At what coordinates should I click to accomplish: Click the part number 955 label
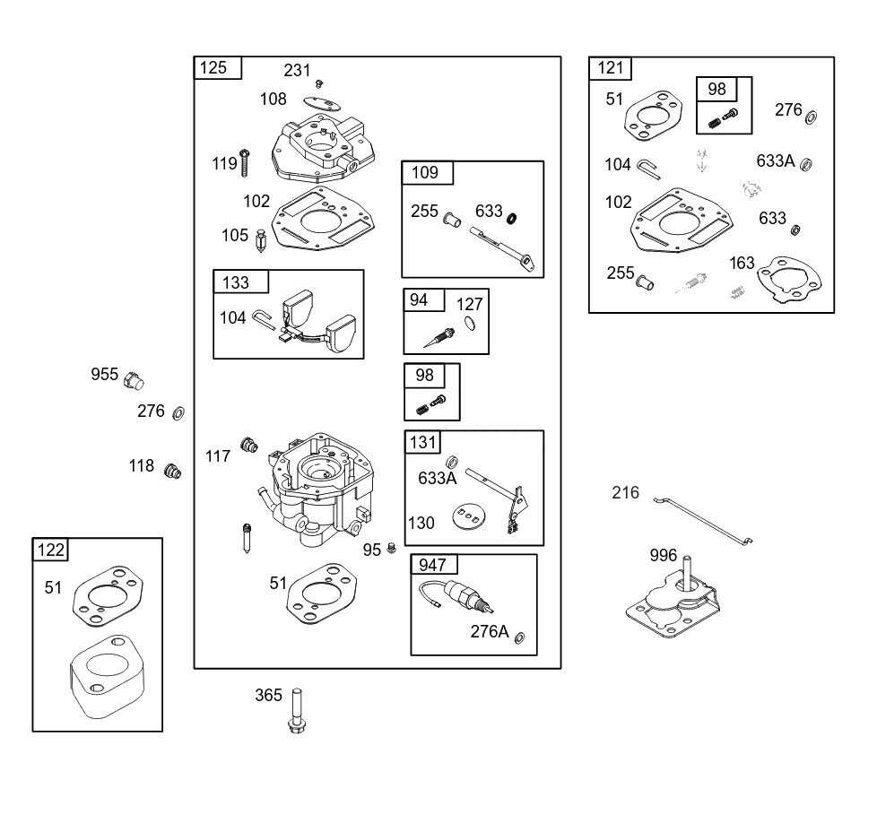coord(105,374)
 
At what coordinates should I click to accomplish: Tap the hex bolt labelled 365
coord(297,711)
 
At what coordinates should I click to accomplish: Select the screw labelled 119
coord(244,163)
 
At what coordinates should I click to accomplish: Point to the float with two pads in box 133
coord(317,323)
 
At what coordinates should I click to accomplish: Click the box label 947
coord(432,565)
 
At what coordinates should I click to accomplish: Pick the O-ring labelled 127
coord(471,323)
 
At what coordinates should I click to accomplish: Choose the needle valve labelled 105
coord(260,241)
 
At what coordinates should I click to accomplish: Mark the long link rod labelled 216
coord(703,521)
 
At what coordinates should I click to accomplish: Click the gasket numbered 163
coord(789,280)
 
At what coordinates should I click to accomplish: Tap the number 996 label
coord(664,555)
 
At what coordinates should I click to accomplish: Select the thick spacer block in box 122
coord(107,676)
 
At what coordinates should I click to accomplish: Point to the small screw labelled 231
coord(319,84)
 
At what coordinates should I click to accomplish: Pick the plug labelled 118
coord(172,472)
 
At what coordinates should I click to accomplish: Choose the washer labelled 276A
coord(519,638)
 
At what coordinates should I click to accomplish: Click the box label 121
coord(610,67)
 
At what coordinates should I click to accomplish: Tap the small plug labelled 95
coord(392,548)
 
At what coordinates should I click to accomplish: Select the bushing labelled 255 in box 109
coord(451,220)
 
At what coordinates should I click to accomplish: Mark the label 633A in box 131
coord(438,478)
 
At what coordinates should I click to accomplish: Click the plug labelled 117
coord(249,445)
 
